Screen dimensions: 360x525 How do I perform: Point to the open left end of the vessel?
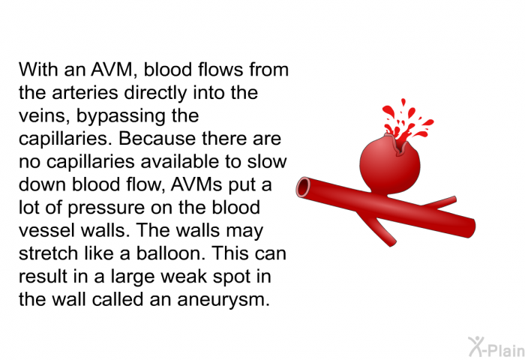304,187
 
